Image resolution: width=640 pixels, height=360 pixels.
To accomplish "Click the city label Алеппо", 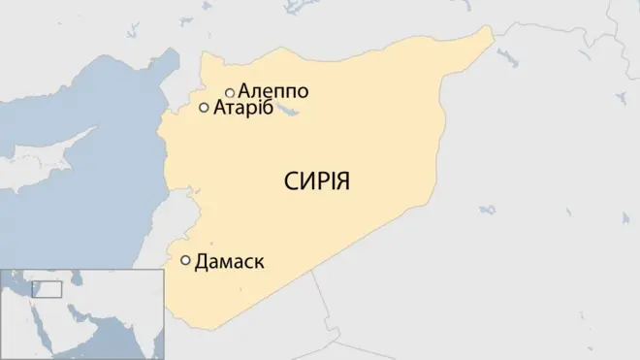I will coord(273,92).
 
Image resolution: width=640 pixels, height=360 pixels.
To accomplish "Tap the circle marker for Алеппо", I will coord(230,92).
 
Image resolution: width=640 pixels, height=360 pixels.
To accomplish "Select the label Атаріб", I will coord(243,109).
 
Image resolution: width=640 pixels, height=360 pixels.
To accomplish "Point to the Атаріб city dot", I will coord(204,108).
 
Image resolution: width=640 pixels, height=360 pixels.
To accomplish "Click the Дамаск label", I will coord(230,261).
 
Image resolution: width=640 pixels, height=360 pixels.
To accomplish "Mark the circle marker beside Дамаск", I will coord(185,260).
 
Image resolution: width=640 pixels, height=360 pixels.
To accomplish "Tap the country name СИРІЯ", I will coord(316,182).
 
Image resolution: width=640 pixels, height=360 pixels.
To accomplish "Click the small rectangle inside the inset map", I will coord(47,289).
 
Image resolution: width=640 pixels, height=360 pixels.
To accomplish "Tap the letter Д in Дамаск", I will coord(202,262).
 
